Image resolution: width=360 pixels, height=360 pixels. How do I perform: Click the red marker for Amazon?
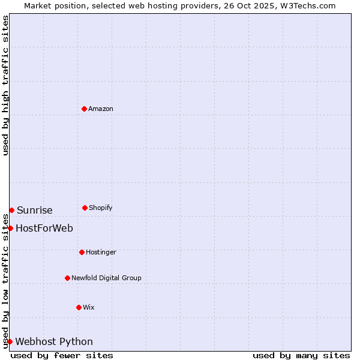tap(84, 109)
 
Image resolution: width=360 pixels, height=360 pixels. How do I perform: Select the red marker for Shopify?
tap(85, 208)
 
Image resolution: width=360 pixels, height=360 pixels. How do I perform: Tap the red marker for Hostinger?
tap(82, 252)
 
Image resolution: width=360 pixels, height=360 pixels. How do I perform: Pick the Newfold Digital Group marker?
tap(67, 278)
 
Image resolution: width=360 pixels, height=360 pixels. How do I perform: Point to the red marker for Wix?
tap(79, 307)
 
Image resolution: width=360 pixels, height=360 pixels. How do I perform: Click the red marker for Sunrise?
tap(11, 210)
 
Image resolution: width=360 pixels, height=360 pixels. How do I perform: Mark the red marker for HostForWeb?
tap(10, 228)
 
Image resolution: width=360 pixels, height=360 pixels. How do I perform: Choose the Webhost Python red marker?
tap(10, 341)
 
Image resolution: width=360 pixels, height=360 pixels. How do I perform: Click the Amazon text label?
tap(101, 109)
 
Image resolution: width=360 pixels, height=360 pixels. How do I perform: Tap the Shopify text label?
tap(101, 208)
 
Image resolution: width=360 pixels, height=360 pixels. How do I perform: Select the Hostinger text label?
tap(101, 252)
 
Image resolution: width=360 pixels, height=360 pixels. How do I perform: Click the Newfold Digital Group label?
tap(106, 278)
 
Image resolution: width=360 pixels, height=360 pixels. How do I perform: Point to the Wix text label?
tap(89, 307)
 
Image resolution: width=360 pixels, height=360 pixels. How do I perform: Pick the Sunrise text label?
tap(35, 210)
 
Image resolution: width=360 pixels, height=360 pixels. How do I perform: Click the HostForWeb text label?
tap(44, 228)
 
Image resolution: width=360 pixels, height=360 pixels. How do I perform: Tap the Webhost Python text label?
tap(54, 341)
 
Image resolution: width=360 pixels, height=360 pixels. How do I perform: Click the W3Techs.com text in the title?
tap(307, 5)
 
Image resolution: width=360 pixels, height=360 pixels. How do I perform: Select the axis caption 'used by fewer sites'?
tap(62, 355)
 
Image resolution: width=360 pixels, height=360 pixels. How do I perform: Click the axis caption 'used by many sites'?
tap(301, 355)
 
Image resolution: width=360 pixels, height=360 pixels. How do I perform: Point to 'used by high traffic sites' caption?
tap(5, 85)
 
